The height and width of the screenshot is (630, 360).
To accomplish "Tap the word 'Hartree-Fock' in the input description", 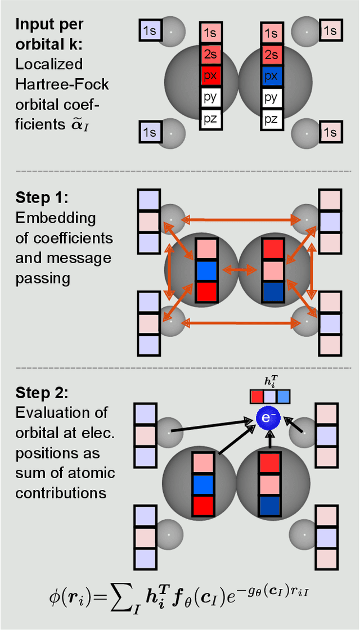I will point(62,85).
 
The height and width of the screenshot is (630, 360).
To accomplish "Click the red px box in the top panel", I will point(210,75).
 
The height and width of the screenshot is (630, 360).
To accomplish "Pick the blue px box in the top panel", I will point(271,75).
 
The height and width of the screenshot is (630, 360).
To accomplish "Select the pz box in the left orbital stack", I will point(210,119).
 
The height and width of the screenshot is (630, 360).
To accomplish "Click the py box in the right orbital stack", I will point(271,97).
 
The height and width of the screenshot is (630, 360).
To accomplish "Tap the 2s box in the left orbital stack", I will point(210,54).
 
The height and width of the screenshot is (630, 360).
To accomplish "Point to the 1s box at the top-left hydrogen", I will point(149,31).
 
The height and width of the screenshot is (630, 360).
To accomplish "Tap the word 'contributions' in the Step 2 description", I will point(61,493).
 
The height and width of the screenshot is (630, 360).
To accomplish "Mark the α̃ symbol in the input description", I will point(78,124).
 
